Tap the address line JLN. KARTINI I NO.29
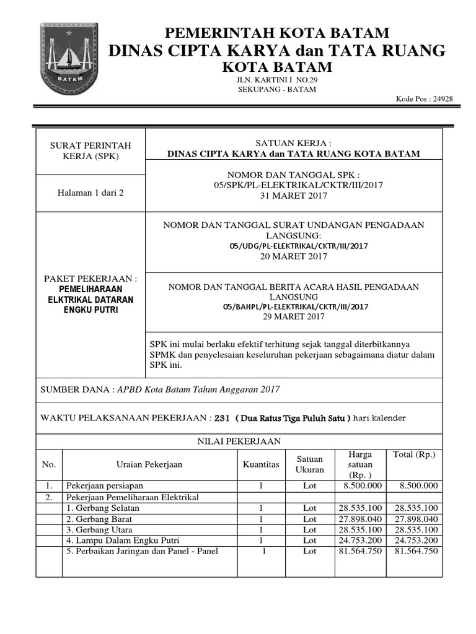[276, 80]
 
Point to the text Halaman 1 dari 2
[90, 193]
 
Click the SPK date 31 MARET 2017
[294, 196]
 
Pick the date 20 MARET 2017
[294, 256]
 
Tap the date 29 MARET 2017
[294, 316]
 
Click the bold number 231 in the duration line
[222, 418]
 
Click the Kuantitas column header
[262, 464]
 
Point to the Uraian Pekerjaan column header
[149, 464]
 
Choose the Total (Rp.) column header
[415, 455]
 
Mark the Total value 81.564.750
[416, 551]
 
